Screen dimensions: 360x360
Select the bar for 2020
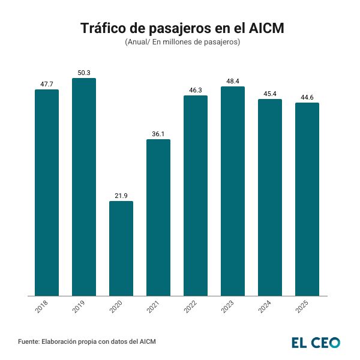click(x=121, y=248)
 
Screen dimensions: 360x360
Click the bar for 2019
click(x=84, y=187)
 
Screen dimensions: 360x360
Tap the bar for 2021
click(x=158, y=217)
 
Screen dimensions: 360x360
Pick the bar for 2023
click(x=233, y=191)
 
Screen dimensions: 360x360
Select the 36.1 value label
click(x=158, y=134)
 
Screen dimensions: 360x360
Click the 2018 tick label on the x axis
click(x=41, y=308)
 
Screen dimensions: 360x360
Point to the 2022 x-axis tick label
click(x=190, y=308)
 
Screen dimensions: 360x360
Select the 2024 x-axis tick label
click(x=265, y=308)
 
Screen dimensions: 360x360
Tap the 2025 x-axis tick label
click(x=302, y=308)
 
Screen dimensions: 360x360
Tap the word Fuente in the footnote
click(x=28, y=342)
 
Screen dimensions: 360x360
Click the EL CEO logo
click(x=316, y=343)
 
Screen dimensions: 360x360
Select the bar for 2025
click(x=307, y=199)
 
